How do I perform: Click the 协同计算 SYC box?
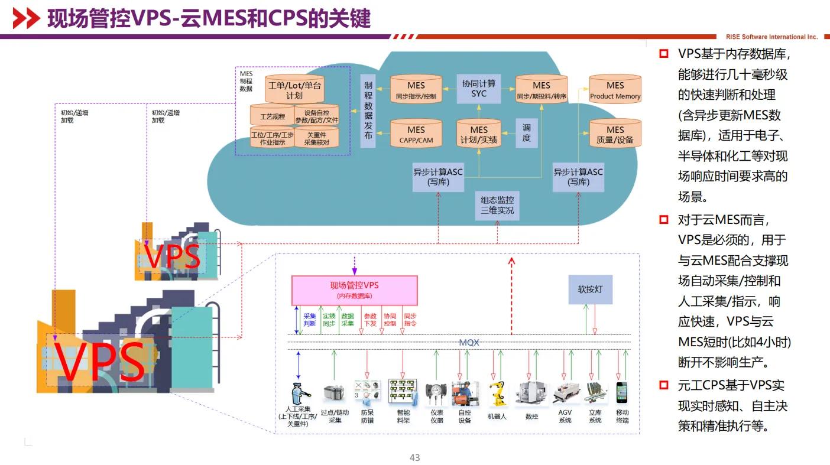[479, 89]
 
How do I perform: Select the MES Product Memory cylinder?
[615, 90]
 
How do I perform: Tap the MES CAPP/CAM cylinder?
[416, 134]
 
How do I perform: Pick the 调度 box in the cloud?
[526, 133]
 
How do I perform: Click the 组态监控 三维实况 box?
[497, 206]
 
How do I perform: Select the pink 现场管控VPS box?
[354, 290]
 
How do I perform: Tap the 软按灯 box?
[590, 290]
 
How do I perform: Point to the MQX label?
[469, 343]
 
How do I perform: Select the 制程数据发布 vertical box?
[368, 110]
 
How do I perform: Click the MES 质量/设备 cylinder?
[615, 134]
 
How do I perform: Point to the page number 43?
[415, 458]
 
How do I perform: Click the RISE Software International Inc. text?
[771, 37]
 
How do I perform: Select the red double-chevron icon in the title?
[26, 19]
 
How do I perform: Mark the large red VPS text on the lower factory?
[100, 362]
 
